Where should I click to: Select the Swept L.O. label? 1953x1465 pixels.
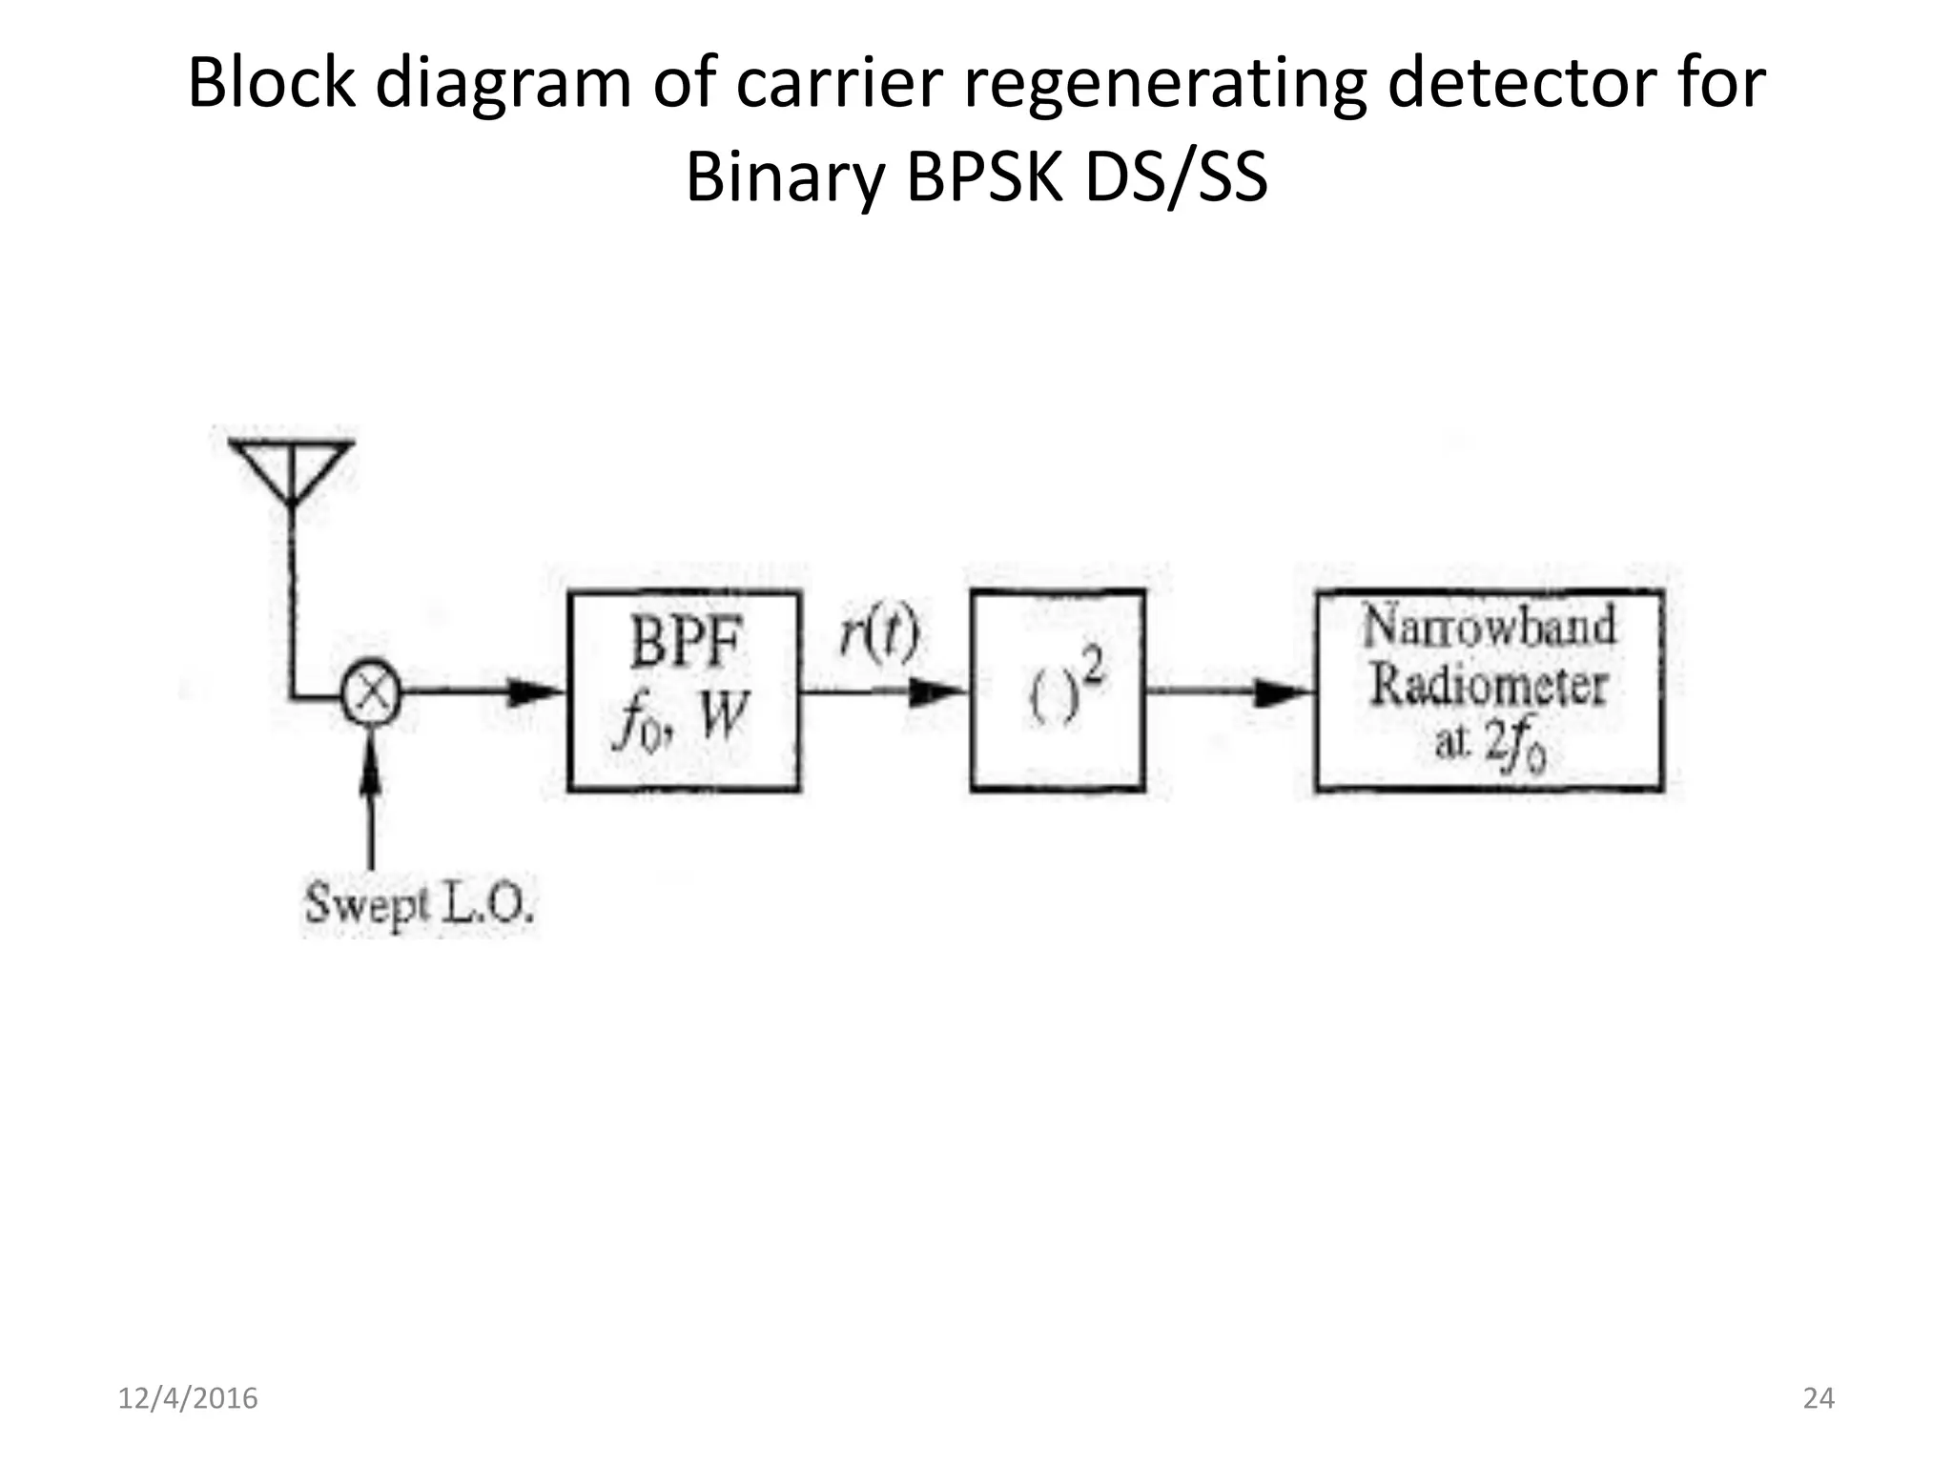[419, 902]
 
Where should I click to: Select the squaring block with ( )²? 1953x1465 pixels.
[1058, 691]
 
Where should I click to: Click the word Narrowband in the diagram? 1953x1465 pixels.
[1488, 627]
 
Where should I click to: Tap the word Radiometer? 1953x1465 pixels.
[1489, 685]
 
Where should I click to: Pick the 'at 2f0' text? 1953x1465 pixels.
[1489, 744]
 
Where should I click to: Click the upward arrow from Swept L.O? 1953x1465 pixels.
[371, 801]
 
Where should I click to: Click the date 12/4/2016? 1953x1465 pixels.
[188, 1398]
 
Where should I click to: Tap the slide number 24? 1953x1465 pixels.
[1819, 1398]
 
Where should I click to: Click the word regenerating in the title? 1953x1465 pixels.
[1169, 84]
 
